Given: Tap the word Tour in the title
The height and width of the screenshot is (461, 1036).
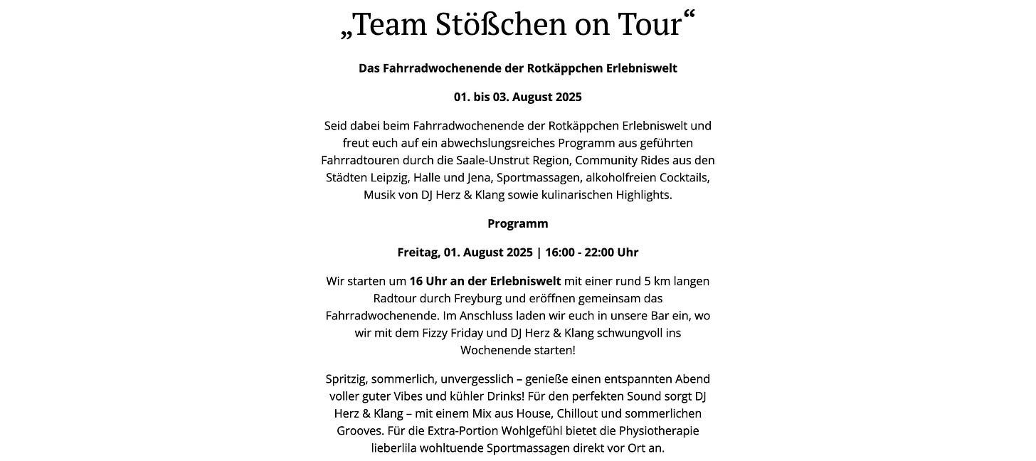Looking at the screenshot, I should point(650,25).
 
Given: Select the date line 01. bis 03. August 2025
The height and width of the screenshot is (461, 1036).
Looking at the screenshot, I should point(518,97).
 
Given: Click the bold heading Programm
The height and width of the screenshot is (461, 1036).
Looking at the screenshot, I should point(518,223).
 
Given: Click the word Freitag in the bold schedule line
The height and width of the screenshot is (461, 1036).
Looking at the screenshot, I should point(418,252).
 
